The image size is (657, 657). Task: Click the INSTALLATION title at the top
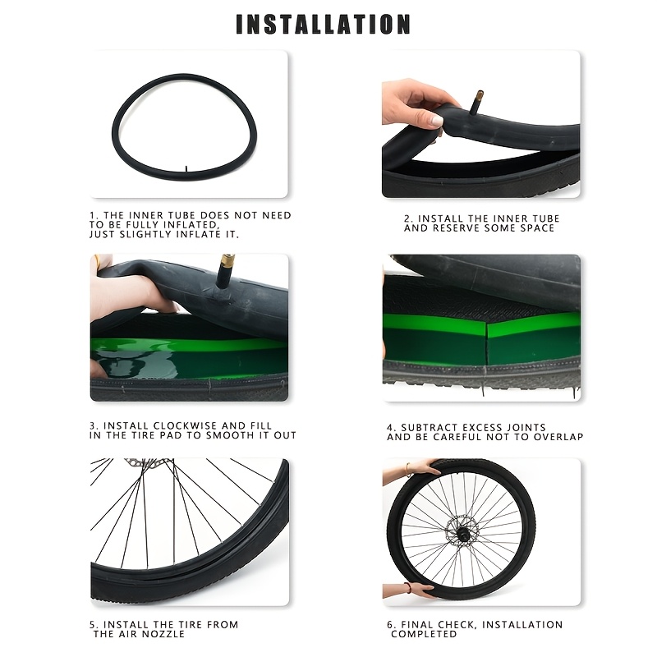pyautogui.click(x=323, y=25)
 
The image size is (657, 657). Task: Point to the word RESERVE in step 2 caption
pyautogui.click(x=457, y=228)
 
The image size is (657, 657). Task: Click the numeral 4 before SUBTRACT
pyautogui.click(x=391, y=428)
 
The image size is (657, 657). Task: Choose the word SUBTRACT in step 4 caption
pyautogui.click(x=431, y=428)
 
